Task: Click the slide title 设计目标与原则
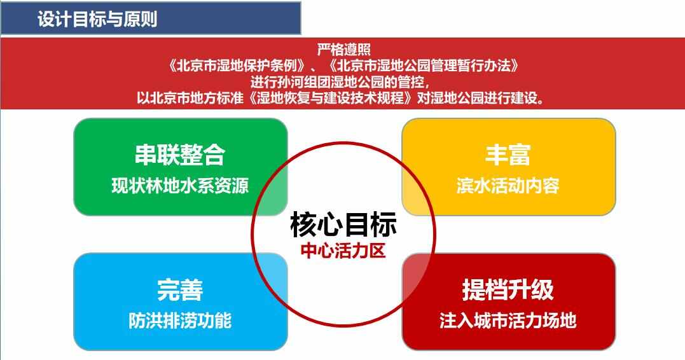click(97, 19)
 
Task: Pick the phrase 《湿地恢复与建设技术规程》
click(330, 98)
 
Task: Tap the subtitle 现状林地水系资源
click(180, 186)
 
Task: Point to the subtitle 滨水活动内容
click(508, 186)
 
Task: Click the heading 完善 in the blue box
click(180, 289)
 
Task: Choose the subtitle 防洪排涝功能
click(180, 321)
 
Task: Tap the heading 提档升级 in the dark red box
click(508, 289)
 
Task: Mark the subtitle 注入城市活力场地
click(508, 321)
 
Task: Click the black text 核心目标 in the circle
click(343, 225)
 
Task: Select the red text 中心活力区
click(343, 251)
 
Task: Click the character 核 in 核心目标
click(303, 225)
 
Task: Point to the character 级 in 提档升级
click(543, 289)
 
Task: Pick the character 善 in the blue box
click(192, 289)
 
